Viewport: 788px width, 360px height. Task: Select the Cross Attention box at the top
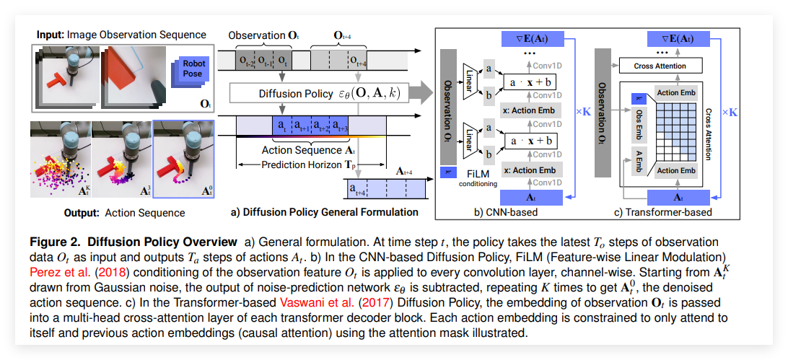coord(660,66)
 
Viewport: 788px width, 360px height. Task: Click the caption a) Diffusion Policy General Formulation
coord(324,212)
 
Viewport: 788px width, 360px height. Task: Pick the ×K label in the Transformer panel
coord(729,112)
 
